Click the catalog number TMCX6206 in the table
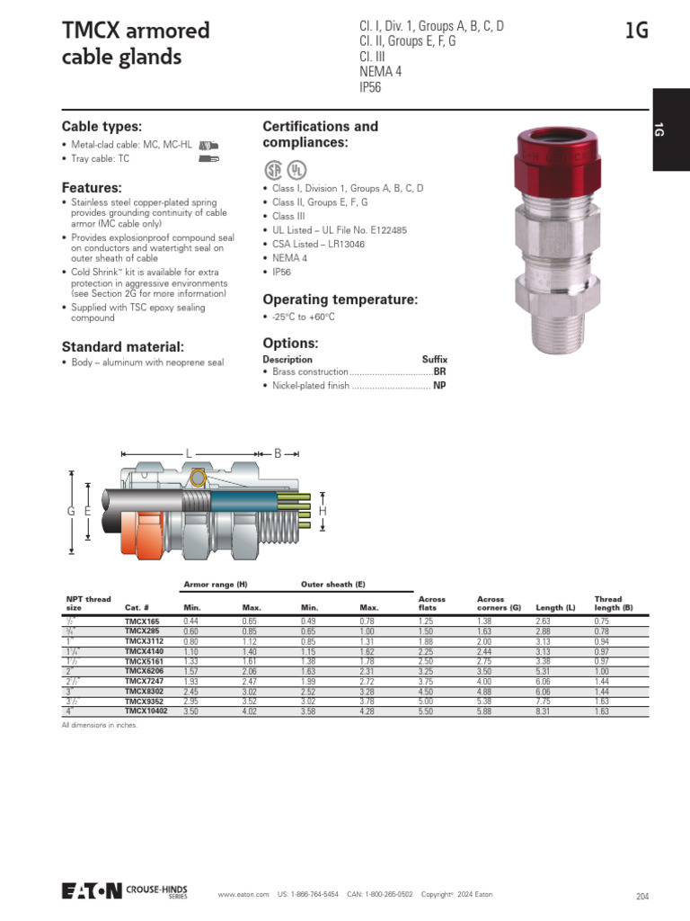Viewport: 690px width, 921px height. (144, 671)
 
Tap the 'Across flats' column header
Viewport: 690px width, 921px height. (432, 603)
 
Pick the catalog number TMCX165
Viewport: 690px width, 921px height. (141, 621)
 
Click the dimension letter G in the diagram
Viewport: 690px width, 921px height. (70, 511)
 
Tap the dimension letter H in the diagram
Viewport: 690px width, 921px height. (323, 511)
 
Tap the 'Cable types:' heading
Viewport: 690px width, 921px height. (102, 127)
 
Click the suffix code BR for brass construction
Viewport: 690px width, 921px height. (439, 371)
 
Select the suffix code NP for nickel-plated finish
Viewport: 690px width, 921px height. (439, 386)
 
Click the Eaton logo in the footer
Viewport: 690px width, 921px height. (92, 890)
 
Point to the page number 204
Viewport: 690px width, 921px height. (641, 896)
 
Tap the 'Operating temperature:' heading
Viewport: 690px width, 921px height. (340, 300)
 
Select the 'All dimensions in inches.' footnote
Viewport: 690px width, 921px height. (100, 724)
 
